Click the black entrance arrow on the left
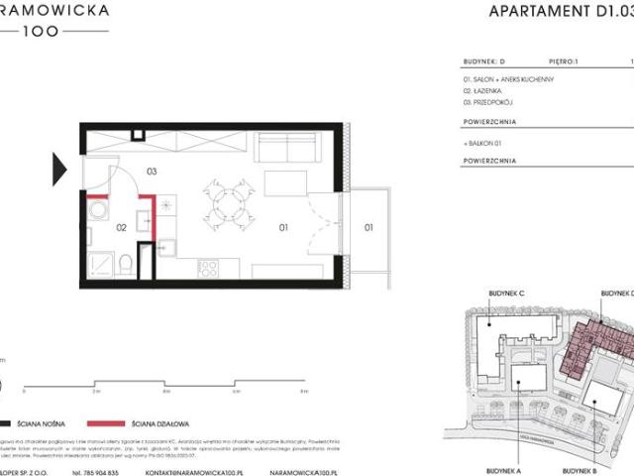(x=61, y=163)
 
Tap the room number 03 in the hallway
(x=153, y=171)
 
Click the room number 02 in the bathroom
(x=121, y=227)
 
